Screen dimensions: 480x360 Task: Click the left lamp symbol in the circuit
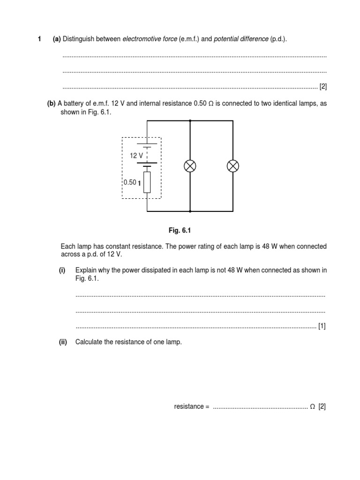pyautogui.click(x=190, y=166)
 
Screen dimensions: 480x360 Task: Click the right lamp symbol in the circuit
pyautogui.click(x=233, y=166)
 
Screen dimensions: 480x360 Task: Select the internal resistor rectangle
pyautogui.click(x=147, y=182)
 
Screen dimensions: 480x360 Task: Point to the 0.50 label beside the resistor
pyautogui.click(x=130, y=182)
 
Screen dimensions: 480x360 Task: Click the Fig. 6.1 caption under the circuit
pyautogui.click(x=180, y=231)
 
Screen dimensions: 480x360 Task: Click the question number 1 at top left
pyautogui.click(x=39, y=39)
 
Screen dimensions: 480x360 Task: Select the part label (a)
pyautogui.click(x=57, y=39)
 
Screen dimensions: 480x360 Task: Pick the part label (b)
pyautogui.click(x=51, y=104)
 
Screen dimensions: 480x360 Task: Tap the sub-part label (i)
pyautogui.click(x=62, y=270)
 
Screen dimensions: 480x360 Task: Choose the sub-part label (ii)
pyautogui.click(x=63, y=342)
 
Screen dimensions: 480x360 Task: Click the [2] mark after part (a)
pyautogui.click(x=322, y=87)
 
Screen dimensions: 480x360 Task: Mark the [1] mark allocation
pyautogui.click(x=322, y=326)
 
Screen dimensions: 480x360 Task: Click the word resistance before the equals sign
pyautogui.click(x=189, y=406)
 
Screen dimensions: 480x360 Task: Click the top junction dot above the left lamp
pyautogui.click(x=190, y=120)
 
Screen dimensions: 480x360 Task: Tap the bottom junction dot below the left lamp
pyautogui.click(x=190, y=211)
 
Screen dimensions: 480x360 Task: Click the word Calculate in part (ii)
pyautogui.click(x=89, y=342)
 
